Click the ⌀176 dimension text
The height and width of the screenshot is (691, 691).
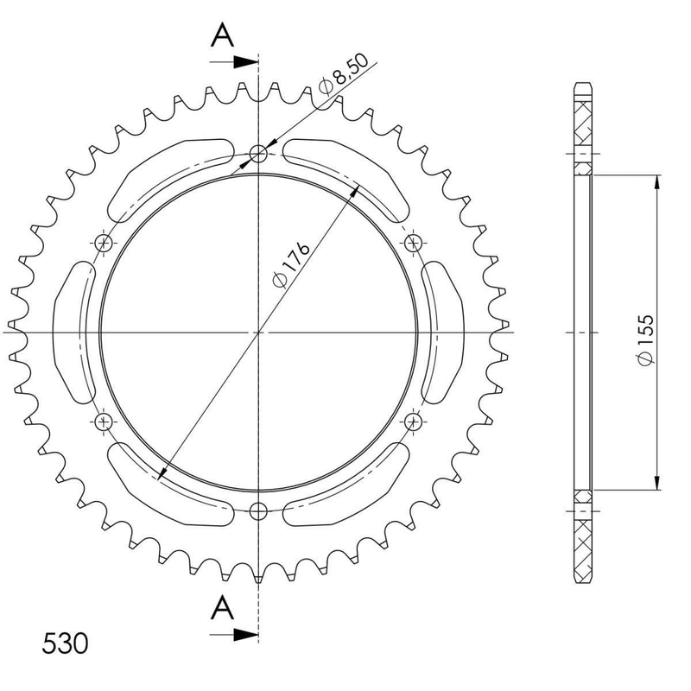tap(291, 264)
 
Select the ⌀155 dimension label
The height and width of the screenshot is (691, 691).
tap(645, 339)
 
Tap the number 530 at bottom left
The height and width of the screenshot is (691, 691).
tap(66, 643)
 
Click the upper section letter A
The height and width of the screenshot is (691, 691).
tap(223, 35)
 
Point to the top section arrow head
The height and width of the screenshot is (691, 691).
tap(245, 62)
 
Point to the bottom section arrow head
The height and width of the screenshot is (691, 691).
tap(245, 635)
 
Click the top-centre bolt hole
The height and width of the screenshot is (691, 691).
tap(258, 154)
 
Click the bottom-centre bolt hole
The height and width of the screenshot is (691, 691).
tap(258, 511)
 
